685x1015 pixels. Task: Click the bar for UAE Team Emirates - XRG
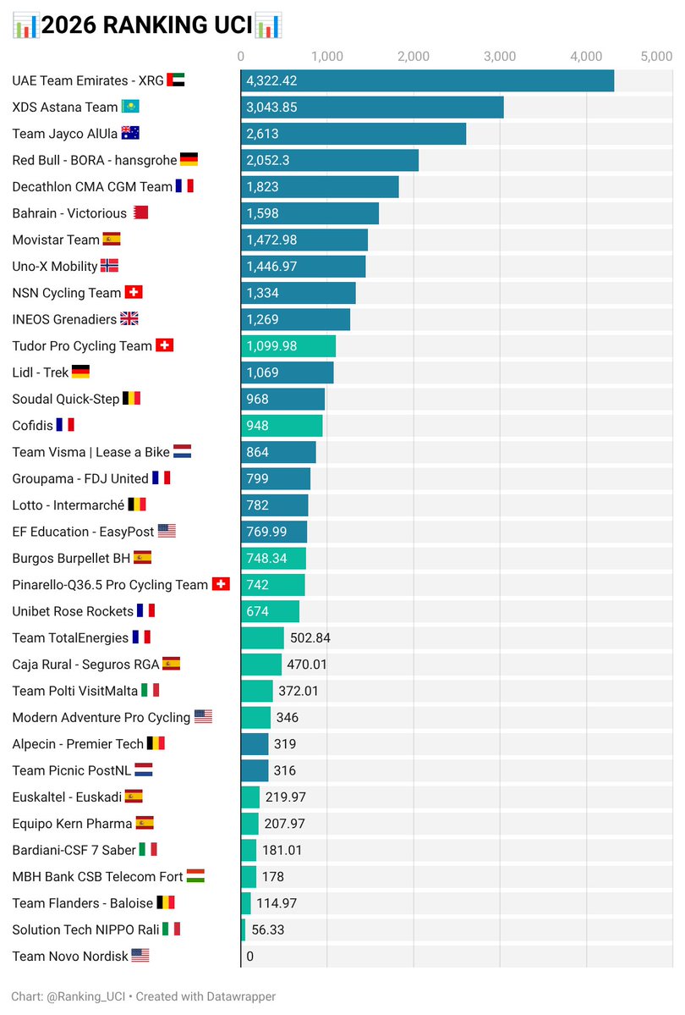427,81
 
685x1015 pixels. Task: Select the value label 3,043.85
271,108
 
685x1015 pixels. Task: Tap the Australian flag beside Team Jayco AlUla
130,133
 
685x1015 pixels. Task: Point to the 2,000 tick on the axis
413,57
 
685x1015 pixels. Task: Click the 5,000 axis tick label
656,57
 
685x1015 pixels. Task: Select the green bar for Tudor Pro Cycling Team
288,345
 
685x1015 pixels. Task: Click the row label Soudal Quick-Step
66,399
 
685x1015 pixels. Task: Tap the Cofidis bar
282,425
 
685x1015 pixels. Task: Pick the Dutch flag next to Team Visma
183,452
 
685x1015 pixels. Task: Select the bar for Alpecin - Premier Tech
255,744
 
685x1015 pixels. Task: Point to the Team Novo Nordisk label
70,956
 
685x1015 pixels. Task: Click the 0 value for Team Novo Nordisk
249,957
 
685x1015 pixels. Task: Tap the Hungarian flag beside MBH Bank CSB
195,876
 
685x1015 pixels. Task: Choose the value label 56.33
267,929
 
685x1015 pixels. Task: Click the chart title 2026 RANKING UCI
147,25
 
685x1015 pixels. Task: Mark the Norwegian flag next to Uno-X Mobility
110,266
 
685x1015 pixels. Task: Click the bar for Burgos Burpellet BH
273,558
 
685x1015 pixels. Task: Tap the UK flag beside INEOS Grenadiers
129,319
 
